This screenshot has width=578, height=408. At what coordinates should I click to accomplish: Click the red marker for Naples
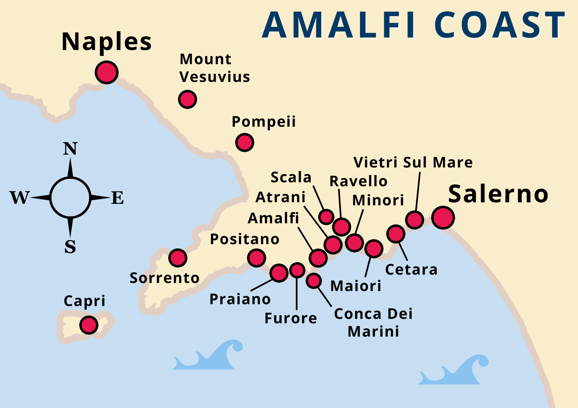pyautogui.click(x=106, y=72)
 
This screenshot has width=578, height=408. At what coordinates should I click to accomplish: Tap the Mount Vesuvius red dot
pyautogui.click(x=187, y=99)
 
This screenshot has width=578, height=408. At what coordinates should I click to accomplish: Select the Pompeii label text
pyautogui.click(x=264, y=122)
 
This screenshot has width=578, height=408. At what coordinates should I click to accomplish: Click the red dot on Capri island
pyautogui.click(x=89, y=325)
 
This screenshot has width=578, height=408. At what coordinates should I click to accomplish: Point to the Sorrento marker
pyautogui.click(x=178, y=258)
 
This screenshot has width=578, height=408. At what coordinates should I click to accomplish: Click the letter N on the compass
pyautogui.click(x=70, y=148)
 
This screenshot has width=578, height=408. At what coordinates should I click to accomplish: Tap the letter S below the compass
pyautogui.click(x=70, y=247)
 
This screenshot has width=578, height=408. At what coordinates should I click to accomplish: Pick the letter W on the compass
pyautogui.click(x=19, y=198)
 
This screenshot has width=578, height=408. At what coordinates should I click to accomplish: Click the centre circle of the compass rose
pyautogui.click(x=70, y=198)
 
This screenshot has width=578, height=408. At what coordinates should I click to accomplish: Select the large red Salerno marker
pyautogui.click(x=443, y=218)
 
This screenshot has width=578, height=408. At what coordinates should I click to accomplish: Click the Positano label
pyautogui.click(x=245, y=240)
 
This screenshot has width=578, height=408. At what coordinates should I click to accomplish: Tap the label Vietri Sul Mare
pyautogui.click(x=413, y=163)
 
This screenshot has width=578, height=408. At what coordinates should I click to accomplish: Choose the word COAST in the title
pyautogui.click(x=500, y=25)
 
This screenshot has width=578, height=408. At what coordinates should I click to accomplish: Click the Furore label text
pyautogui.click(x=291, y=318)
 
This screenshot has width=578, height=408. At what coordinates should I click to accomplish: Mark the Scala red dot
pyautogui.click(x=326, y=217)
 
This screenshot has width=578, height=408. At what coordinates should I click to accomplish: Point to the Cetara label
pyautogui.click(x=411, y=270)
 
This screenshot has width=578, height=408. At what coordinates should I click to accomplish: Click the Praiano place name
pyautogui.click(x=240, y=299)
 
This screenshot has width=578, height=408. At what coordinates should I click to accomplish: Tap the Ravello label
pyautogui.click(x=358, y=181)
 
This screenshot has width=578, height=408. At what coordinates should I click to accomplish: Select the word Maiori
pyautogui.click(x=356, y=286)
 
